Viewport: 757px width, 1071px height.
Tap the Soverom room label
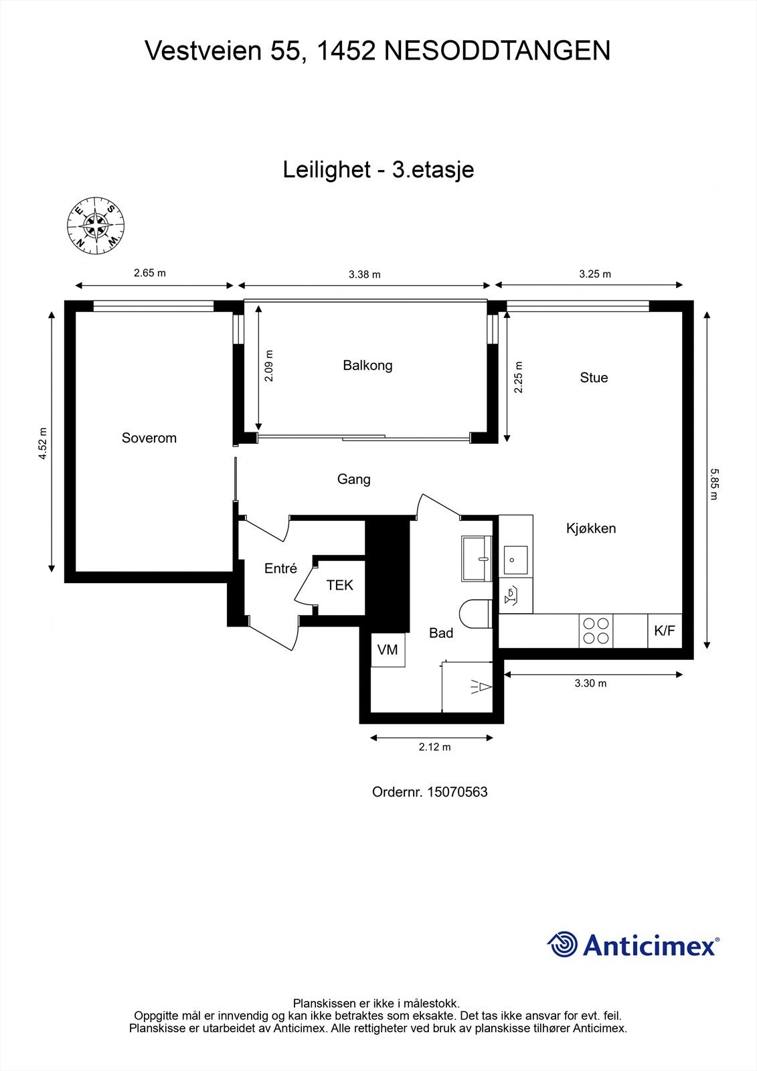click(x=149, y=438)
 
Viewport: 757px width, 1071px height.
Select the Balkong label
click(x=367, y=365)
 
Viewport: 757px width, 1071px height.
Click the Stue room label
click(x=594, y=378)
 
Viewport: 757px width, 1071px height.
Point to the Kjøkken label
click(x=591, y=528)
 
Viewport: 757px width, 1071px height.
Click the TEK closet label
click(x=339, y=585)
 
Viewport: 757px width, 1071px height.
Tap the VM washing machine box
click(x=388, y=649)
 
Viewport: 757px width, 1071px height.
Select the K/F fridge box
click(x=665, y=631)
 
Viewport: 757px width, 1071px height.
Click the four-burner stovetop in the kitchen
click(x=596, y=631)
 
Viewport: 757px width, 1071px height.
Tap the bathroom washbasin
click(x=477, y=557)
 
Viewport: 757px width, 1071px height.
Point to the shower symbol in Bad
click(x=481, y=687)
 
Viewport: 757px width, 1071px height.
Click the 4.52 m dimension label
click(x=43, y=443)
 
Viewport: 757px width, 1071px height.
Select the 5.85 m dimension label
click(x=713, y=483)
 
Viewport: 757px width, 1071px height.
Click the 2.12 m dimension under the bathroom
click(x=434, y=747)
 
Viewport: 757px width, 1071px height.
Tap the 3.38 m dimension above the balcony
click(x=364, y=274)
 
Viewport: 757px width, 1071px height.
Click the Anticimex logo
click(x=633, y=944)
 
